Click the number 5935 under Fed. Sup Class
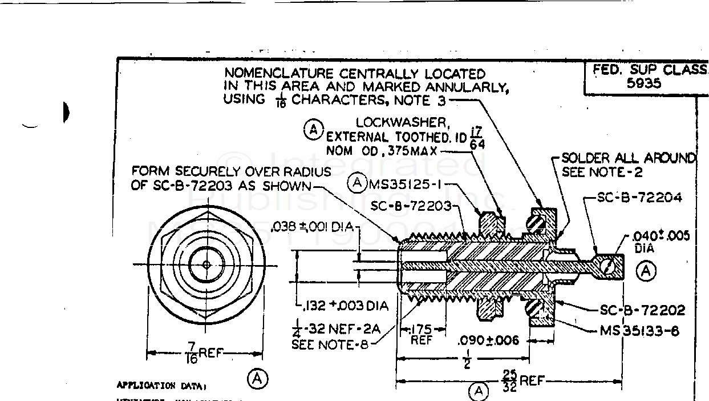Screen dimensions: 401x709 (x=643, y=83)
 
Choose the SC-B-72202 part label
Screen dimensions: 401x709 (x=642, y=311)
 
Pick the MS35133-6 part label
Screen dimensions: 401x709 (x=639, y=330)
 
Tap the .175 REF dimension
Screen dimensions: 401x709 (x=422, y=334)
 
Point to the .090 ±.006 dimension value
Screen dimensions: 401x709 (x=488, y=340)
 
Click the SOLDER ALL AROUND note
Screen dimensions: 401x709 (x=629, y=158)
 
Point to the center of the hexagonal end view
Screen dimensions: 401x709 (x=206, y=264)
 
